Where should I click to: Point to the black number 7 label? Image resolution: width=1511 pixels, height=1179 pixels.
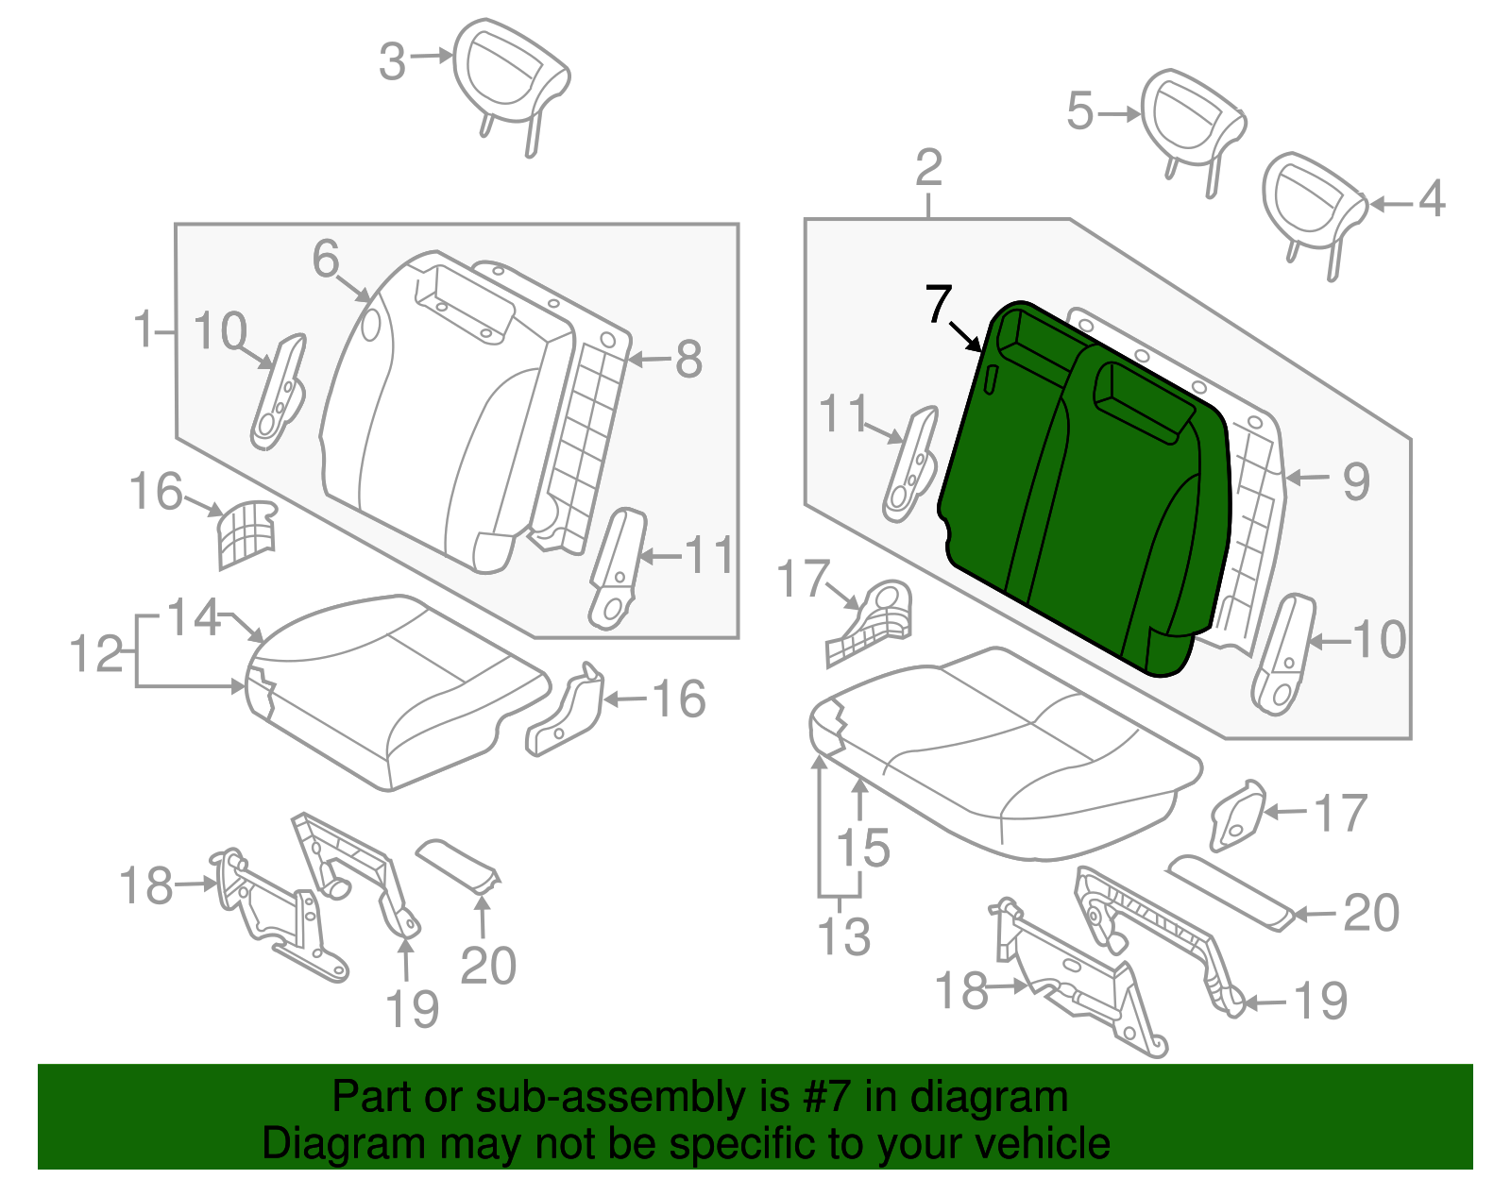click(x=939, y=304)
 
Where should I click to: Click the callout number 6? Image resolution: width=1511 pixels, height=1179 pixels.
click(x=326, y=259)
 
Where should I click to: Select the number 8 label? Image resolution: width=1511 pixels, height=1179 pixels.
click(x=688, y=360)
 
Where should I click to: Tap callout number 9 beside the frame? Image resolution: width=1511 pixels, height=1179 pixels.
click(x=1356, y=481)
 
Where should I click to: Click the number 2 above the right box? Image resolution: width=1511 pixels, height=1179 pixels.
click(x=929, y=169)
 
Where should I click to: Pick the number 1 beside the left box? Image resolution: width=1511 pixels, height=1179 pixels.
click(x=144, y=330)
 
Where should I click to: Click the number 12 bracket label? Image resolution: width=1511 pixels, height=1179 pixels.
click(x=96, y=653)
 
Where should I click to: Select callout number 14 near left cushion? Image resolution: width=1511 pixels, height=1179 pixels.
click(x=194, y=617)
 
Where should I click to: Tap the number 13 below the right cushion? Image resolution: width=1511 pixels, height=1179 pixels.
click(x=843, y=937)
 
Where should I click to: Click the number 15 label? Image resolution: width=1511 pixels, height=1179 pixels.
click(x=863, y=847)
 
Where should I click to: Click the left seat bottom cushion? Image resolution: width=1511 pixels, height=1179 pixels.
click(x=397, y=689)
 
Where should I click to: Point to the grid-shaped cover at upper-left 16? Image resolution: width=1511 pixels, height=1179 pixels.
click(x=246, y=533)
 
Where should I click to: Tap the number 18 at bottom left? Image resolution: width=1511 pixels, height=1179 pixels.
click(x=147, y=886)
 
